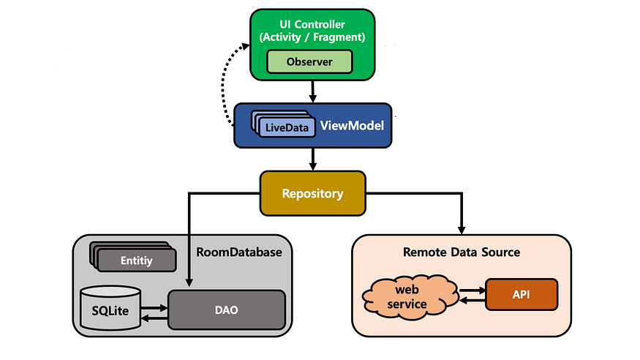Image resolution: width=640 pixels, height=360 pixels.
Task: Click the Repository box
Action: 312,194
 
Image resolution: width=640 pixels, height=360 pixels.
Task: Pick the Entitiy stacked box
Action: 137,259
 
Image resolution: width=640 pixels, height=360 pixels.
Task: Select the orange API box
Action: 522,295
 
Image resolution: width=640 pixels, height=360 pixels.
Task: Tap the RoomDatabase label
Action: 238,252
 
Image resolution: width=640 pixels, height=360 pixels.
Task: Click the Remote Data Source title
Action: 462,252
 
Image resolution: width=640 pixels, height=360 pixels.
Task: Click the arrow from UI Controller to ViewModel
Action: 313,91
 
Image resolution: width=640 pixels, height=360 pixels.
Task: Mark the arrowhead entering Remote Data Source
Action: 462,226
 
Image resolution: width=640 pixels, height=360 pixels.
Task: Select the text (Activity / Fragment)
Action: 313,37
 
